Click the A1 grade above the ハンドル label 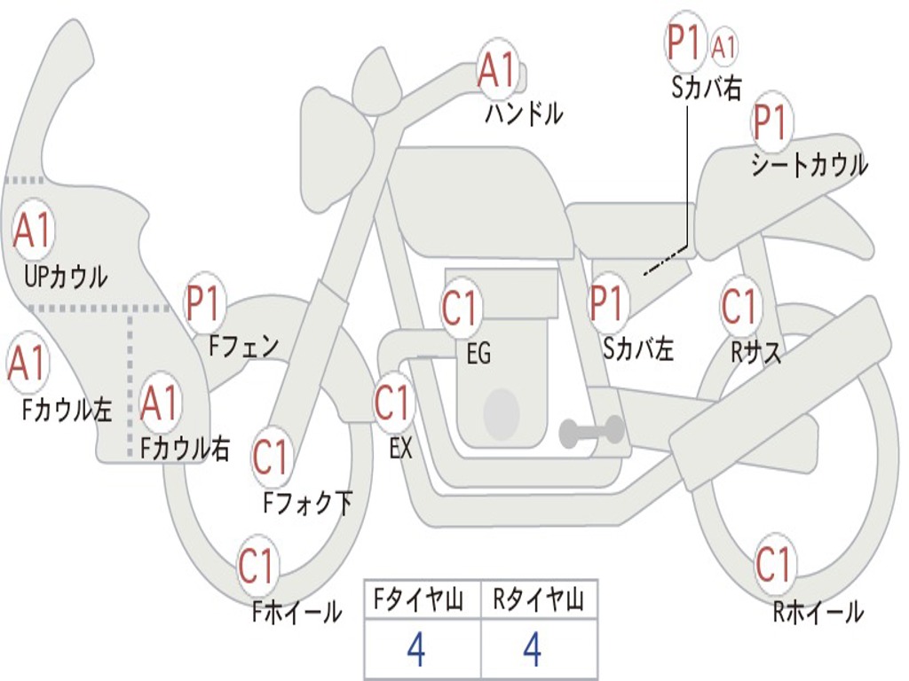pyautogui.click(x=497, y=68)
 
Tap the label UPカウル pyautogui.click(x=66, y=277)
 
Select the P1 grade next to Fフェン pyautogui.click(x=205, y=303)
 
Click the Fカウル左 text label pyautogui.click(x=67, y=409)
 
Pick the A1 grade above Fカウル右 pyautogui.click(x=160, y=403)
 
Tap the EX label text pyautogui.click(x=401, y=449)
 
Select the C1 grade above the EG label pyautogui.click(x=460, y=309)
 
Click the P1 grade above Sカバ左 pyautogui.click(x=609, y=302)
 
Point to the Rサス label pyautogui.click(x=756, y=353)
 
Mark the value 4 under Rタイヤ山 pyautogui.click(x=533, y=650)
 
